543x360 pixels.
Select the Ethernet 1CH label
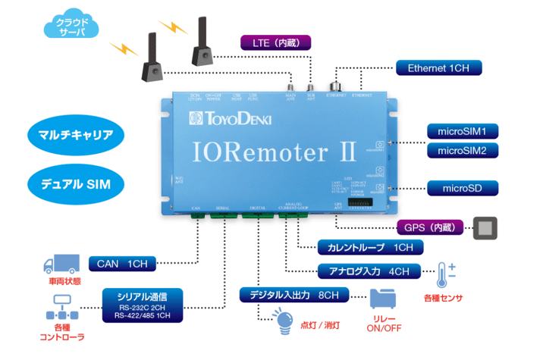(438, 68)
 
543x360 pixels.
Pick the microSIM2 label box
(462, 151)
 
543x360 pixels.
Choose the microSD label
(462, 187)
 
